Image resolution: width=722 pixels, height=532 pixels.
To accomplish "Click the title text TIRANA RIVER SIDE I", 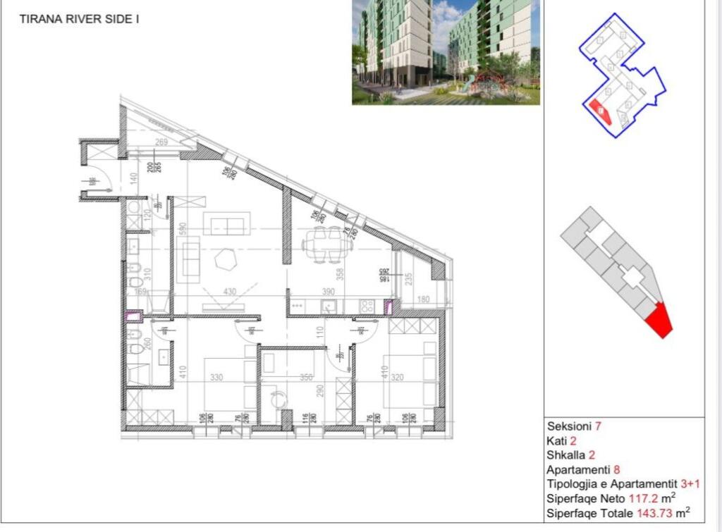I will tap(78, 19).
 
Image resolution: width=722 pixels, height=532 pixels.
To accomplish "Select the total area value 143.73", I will tap(655, 513).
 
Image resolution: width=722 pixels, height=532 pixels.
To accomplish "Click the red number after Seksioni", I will tap(598, 426).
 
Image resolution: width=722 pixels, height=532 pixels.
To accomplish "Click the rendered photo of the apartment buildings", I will tap(446, 52).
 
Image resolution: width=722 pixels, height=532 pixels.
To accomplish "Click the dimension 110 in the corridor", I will tap(319, 330).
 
